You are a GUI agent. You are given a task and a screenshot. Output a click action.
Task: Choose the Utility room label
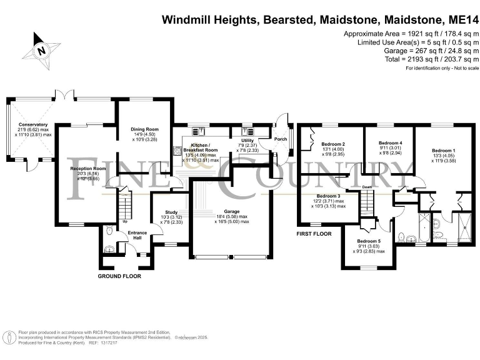point(248,141)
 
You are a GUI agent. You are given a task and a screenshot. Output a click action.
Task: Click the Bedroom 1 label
point(444,150)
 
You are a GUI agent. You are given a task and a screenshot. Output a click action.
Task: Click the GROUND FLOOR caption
point(119,276)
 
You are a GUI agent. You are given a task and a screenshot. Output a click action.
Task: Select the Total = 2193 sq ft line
point(404,59)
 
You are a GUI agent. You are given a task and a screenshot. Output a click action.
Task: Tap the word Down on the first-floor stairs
point(367,186)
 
